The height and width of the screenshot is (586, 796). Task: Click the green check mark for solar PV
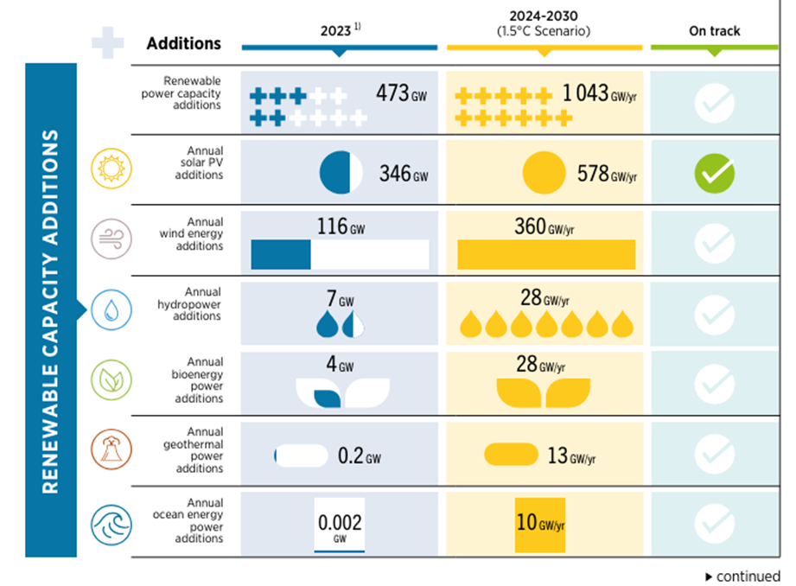(x=714, y=174)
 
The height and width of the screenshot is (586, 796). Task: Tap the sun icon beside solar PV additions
(x=111, y=168)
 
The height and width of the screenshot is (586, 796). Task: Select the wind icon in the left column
(x=111, y=237)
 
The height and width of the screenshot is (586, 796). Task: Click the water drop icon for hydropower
(x=111, y=308)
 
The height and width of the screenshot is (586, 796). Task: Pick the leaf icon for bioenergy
(x=111, y=378)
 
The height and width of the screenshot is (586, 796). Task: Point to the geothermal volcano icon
(x=111, y=449)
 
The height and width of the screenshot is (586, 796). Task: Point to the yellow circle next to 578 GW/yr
(x=543, y=173)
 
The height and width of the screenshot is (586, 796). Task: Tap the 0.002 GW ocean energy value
(x=339, y=525)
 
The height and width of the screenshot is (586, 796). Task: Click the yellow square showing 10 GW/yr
(x=540, y=525)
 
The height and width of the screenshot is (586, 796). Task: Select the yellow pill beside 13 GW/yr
(x=512, y=454)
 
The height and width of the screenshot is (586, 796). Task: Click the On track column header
(x=714, y=30)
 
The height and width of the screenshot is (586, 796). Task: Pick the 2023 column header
(x=337, y=30)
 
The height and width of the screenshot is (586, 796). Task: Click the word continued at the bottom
(x=748, y=576)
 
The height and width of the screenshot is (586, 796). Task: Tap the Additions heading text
(x=183, y=43)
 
